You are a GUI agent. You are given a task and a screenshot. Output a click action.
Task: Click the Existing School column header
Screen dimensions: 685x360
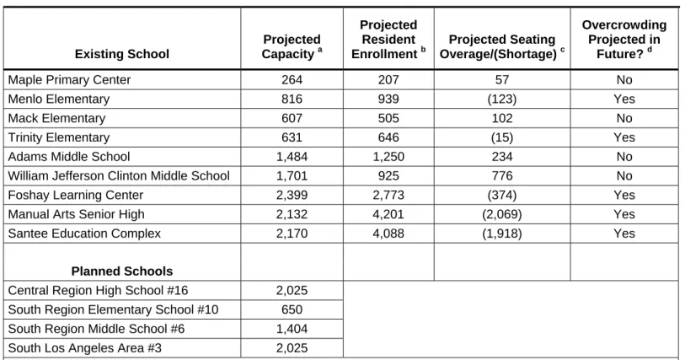[x=122, y=54]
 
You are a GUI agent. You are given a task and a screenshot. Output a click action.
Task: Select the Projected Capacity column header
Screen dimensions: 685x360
[x=292, y=46]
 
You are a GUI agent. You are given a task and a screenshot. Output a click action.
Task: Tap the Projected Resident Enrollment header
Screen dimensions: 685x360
[x=388, y=40]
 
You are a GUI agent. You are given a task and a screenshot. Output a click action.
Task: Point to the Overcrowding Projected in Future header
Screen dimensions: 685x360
[x=624, y=40]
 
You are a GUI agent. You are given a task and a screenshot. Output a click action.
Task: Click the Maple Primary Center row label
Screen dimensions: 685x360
[x=69, y=80]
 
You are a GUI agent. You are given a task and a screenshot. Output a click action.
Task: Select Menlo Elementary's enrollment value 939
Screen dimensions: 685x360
[x=388, y=99]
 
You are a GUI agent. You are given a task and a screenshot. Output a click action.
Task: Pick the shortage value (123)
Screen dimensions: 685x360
[x=502, y=99]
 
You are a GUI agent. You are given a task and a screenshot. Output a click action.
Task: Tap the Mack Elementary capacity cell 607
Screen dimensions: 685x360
[x=292, y=118]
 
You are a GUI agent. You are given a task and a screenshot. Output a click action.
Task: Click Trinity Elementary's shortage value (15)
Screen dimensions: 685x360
[x=502, y=137]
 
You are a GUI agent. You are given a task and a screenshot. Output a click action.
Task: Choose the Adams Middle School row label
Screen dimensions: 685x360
[x=69, y=157]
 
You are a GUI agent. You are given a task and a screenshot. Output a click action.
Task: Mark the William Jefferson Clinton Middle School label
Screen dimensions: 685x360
[x=119, y=176]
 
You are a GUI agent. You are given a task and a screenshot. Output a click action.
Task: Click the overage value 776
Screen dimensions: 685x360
[x=502, y=176]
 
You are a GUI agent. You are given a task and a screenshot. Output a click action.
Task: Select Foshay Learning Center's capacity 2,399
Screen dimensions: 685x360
[x=292, y=196]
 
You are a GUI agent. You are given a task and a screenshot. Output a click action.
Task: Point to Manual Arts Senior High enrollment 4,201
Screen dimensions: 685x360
[x=388, y=214]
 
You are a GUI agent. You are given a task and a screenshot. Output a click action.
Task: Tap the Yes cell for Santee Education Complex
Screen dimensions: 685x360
[x=624, y=234]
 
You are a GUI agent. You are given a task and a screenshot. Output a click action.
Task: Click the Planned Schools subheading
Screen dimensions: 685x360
[x=122, y=271]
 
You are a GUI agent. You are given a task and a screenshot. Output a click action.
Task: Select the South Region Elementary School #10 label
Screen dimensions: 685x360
[x=113, y=309]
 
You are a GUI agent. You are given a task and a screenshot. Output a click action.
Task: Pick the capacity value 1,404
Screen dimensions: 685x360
[x=292, y=329]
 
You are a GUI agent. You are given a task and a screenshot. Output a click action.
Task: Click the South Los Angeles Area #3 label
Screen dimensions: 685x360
[x=85, y=348]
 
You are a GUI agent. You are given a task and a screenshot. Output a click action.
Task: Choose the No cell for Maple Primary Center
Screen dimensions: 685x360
[x=624, y=80]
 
